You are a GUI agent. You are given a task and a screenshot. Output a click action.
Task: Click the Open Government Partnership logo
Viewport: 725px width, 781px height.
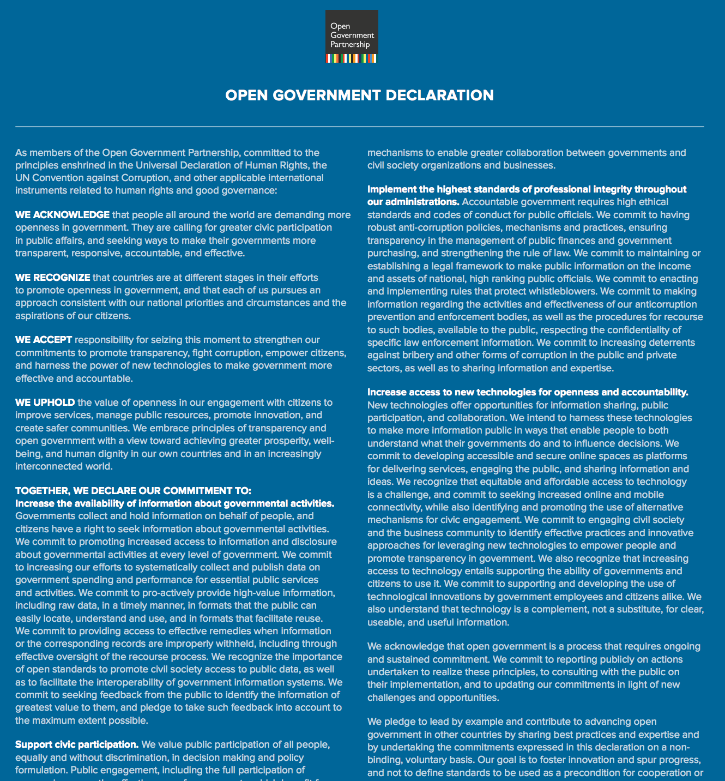click(351, 36)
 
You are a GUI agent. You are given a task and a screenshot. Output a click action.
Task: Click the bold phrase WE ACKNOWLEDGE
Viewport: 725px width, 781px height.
click(62, 215)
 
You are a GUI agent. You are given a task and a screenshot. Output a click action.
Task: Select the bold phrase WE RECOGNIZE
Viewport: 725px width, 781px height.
click(52, 278)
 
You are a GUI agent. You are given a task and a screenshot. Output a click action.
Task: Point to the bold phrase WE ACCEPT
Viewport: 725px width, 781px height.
click(44, 340)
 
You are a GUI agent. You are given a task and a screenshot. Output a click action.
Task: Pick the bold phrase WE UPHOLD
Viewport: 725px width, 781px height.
click(45, 402)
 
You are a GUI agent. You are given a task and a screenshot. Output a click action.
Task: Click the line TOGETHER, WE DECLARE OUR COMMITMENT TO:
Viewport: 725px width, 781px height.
click(133, 491)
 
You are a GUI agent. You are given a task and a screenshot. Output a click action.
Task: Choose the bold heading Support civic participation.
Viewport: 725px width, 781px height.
click(76, 744)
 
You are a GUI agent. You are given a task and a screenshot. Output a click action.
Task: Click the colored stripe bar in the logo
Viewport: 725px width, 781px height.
click(351, 58)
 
